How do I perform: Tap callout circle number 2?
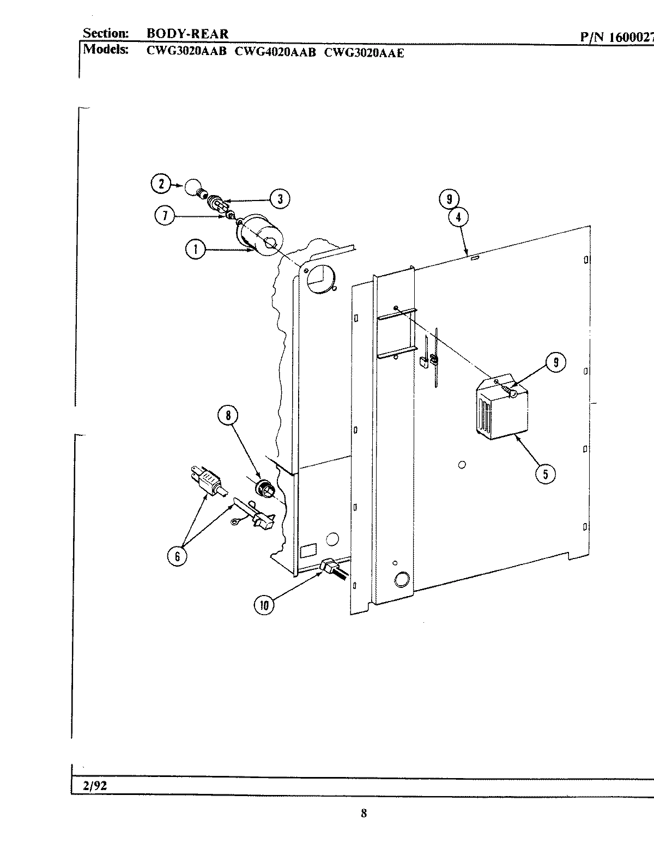point(161,184)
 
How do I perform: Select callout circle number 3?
point(280,199)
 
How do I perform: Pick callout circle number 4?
point(458,217)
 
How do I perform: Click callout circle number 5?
point(545,473)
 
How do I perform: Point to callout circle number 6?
point(177,557)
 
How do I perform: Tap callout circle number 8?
point(228,416)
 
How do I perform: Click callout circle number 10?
point(264,605)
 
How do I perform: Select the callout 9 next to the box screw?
point(555,362)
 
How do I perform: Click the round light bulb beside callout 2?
point(191,187)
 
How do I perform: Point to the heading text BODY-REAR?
point(187,34)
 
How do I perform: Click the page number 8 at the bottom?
point(364,813)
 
